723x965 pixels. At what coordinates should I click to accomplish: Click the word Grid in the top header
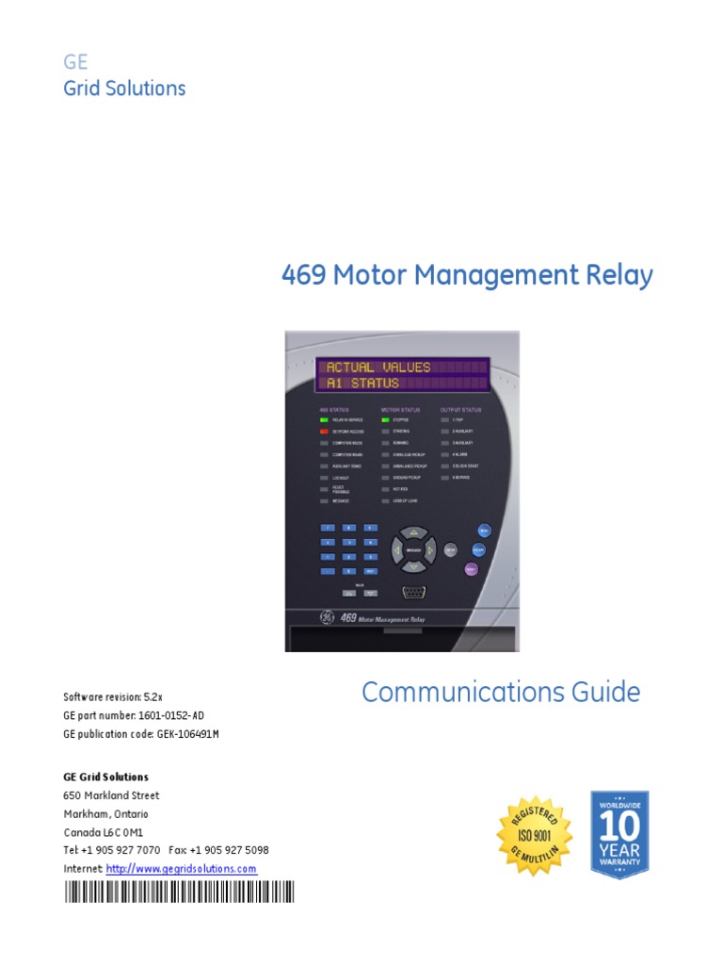[x=83, y=89]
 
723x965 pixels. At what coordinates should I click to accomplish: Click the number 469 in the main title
[x=302, y=275]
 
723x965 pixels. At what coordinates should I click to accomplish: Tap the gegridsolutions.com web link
[x=181, y=869]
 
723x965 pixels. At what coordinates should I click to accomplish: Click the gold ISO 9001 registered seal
[x=534, y=835]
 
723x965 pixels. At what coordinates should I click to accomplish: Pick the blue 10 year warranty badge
[x=619, y=835]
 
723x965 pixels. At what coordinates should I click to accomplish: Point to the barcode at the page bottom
[x=179, y=891]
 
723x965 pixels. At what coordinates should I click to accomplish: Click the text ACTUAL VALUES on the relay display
[x=378, y=367]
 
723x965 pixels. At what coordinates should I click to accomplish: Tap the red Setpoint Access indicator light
[x=325, y=431]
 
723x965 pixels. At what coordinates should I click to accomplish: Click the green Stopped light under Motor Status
[x=385, y=419]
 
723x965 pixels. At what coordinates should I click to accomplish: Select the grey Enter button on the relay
[x=450, y=548]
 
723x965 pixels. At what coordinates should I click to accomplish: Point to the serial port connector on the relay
[x=413, y=592]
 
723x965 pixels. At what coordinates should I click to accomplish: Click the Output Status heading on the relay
[x=460, y=410]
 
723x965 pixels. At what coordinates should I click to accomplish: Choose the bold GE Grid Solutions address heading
[x=105, y=777]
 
